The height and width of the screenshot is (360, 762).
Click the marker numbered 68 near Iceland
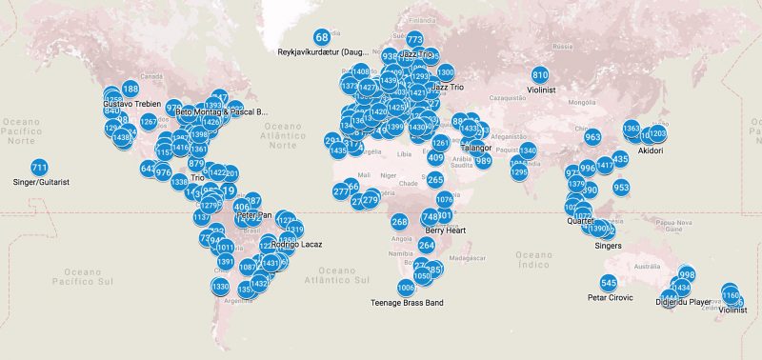point(322,37)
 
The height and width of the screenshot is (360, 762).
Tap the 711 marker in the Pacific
point(39,168)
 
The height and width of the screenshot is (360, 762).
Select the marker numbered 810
point(540,75)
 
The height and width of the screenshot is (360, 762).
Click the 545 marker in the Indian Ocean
point(609,284)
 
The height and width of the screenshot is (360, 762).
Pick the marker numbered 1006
point(407,288)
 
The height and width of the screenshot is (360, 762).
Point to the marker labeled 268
point(399,222)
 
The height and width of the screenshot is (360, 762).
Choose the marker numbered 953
point(621,188)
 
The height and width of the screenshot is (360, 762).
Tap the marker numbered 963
point(592,137)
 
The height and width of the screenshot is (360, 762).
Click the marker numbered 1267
point(149,122)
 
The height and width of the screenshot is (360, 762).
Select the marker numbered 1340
point(528,150)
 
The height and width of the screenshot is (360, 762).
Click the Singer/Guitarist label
point(41,181)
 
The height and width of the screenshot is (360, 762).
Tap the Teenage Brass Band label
point(407,303)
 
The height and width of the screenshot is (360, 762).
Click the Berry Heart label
point(446,230)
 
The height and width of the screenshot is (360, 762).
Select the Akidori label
point(650,150)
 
